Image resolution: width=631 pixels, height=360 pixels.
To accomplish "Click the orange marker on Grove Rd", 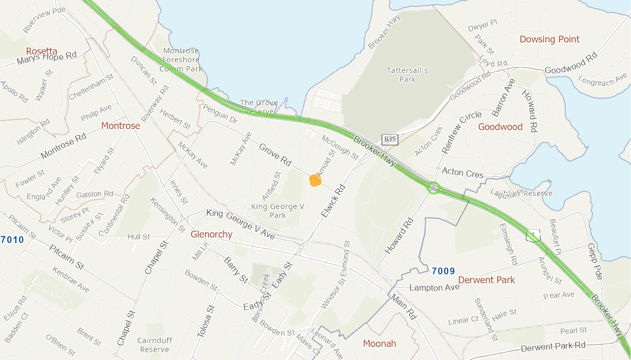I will [315, 181].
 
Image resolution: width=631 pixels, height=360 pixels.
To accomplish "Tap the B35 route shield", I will [390, 139].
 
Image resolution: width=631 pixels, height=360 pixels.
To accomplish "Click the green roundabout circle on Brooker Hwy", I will [434, 187].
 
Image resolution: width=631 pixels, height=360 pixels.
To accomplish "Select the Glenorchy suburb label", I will [211, 235].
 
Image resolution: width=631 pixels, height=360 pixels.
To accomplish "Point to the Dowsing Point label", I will [549, 39].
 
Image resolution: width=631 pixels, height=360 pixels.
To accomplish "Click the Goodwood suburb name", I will [500, 127].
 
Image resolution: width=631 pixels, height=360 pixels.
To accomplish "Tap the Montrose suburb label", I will [120, 125].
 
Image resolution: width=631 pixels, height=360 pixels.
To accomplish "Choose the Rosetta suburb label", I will [41, 51].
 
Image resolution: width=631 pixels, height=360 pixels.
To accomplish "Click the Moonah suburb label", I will [379, 344].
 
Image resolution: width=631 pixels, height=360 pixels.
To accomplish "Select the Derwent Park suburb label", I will [486, 280].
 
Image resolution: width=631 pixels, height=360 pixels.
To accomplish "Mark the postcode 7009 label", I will [443, 271].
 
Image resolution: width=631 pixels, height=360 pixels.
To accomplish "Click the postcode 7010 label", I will [12, 240].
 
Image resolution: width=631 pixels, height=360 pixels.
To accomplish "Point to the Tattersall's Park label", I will [407, 75].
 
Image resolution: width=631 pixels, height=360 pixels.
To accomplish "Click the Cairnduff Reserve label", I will [153, 345].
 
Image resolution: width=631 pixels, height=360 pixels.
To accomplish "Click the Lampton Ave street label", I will [434, 288].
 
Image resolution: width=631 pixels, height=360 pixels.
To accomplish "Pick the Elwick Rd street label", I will [333, 201].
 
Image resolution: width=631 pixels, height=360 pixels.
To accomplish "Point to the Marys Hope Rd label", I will [47, 58].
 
